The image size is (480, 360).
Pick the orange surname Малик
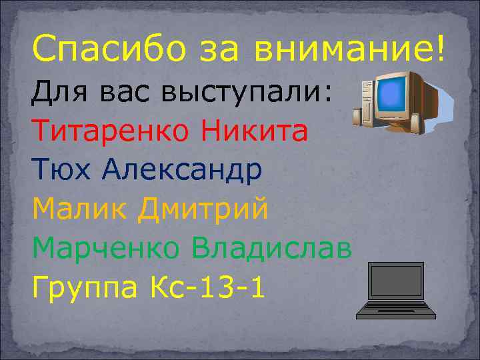76,209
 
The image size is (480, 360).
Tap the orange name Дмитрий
203,209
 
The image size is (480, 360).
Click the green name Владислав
271,249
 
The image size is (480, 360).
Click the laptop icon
396,291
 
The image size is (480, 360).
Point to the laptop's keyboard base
396,309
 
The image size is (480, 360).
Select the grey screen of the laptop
396,281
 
